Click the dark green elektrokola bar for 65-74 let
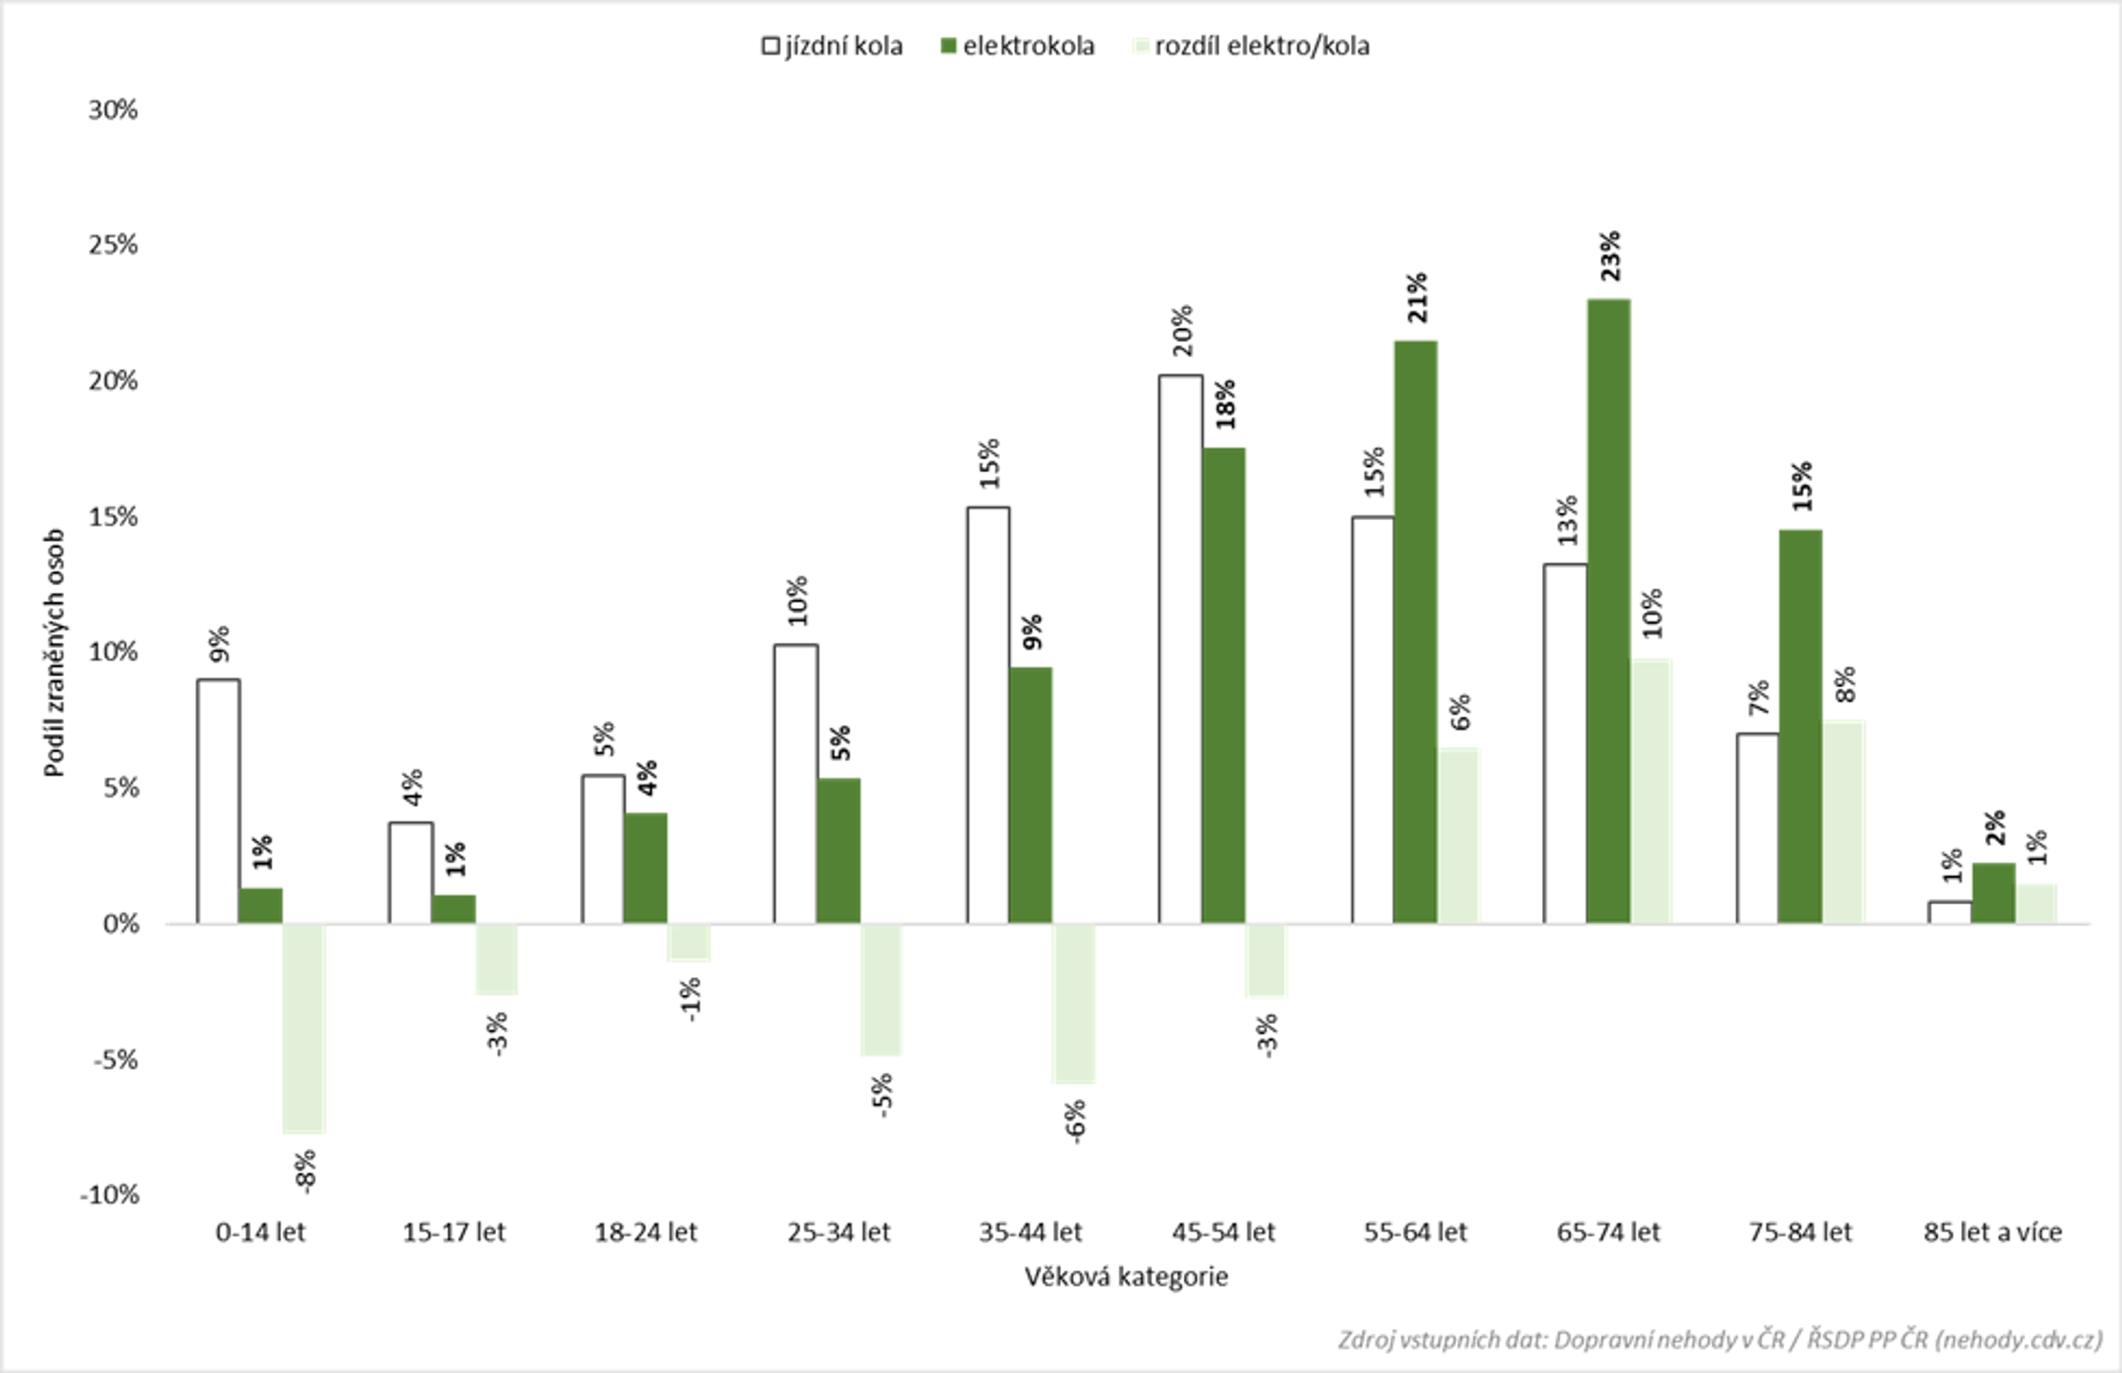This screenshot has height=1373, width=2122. [x=1608, y=612]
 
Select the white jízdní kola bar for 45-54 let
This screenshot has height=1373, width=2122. [x=1180, y=649]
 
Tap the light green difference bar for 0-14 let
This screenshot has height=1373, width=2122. [x=304, y=1028]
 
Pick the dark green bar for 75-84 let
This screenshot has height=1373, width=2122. [x=1800, y=727]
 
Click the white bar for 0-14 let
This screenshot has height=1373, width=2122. [x=218, y=801]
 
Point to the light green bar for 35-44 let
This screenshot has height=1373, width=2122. [x=1073, y=1003]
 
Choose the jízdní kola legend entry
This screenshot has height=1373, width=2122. [x=832, y=46]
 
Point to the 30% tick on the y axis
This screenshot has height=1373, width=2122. [x=113, y=110]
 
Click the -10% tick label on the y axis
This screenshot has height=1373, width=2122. [x=110, y=1194]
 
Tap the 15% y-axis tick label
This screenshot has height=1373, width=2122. [x=113, y=517]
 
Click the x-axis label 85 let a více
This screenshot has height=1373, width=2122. [x=1993, y=1232]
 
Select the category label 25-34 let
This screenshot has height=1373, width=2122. [x=838, y=1232]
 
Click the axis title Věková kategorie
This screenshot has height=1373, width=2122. [x=1126, y=1277]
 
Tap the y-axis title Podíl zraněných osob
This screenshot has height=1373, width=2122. [x=56, y=652]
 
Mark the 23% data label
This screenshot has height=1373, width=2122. [x=1610, y=256]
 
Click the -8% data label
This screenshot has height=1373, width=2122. [x=305, y=1171]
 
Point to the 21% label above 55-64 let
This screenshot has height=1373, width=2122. [x=1416, y=298]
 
